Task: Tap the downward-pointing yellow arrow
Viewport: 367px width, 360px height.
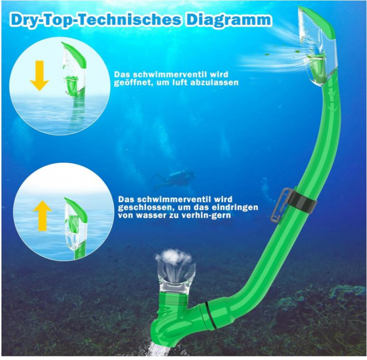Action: pyautogui.click(x=39, y=75)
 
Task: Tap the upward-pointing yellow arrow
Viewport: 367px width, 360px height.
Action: pyautogui.click(x=42, y=216)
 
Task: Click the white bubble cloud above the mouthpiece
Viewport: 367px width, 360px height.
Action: pyautogui.click(x=174, y=258)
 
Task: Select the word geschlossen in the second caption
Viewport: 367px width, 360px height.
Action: pyautogui.click(x=142, y=207)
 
